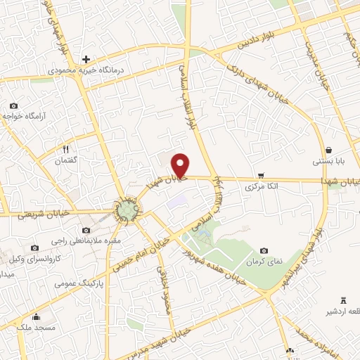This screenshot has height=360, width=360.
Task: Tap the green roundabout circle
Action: click(127, 208)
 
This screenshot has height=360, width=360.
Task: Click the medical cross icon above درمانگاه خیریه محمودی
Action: click(86, 59)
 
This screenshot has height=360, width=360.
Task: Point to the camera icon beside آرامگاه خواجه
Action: click(13, 106)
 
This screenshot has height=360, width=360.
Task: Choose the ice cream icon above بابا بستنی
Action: click(330, 149)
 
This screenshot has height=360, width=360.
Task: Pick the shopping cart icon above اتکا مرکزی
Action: click(261, 175)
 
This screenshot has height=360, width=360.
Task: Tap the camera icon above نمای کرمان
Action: click(264, 250)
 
